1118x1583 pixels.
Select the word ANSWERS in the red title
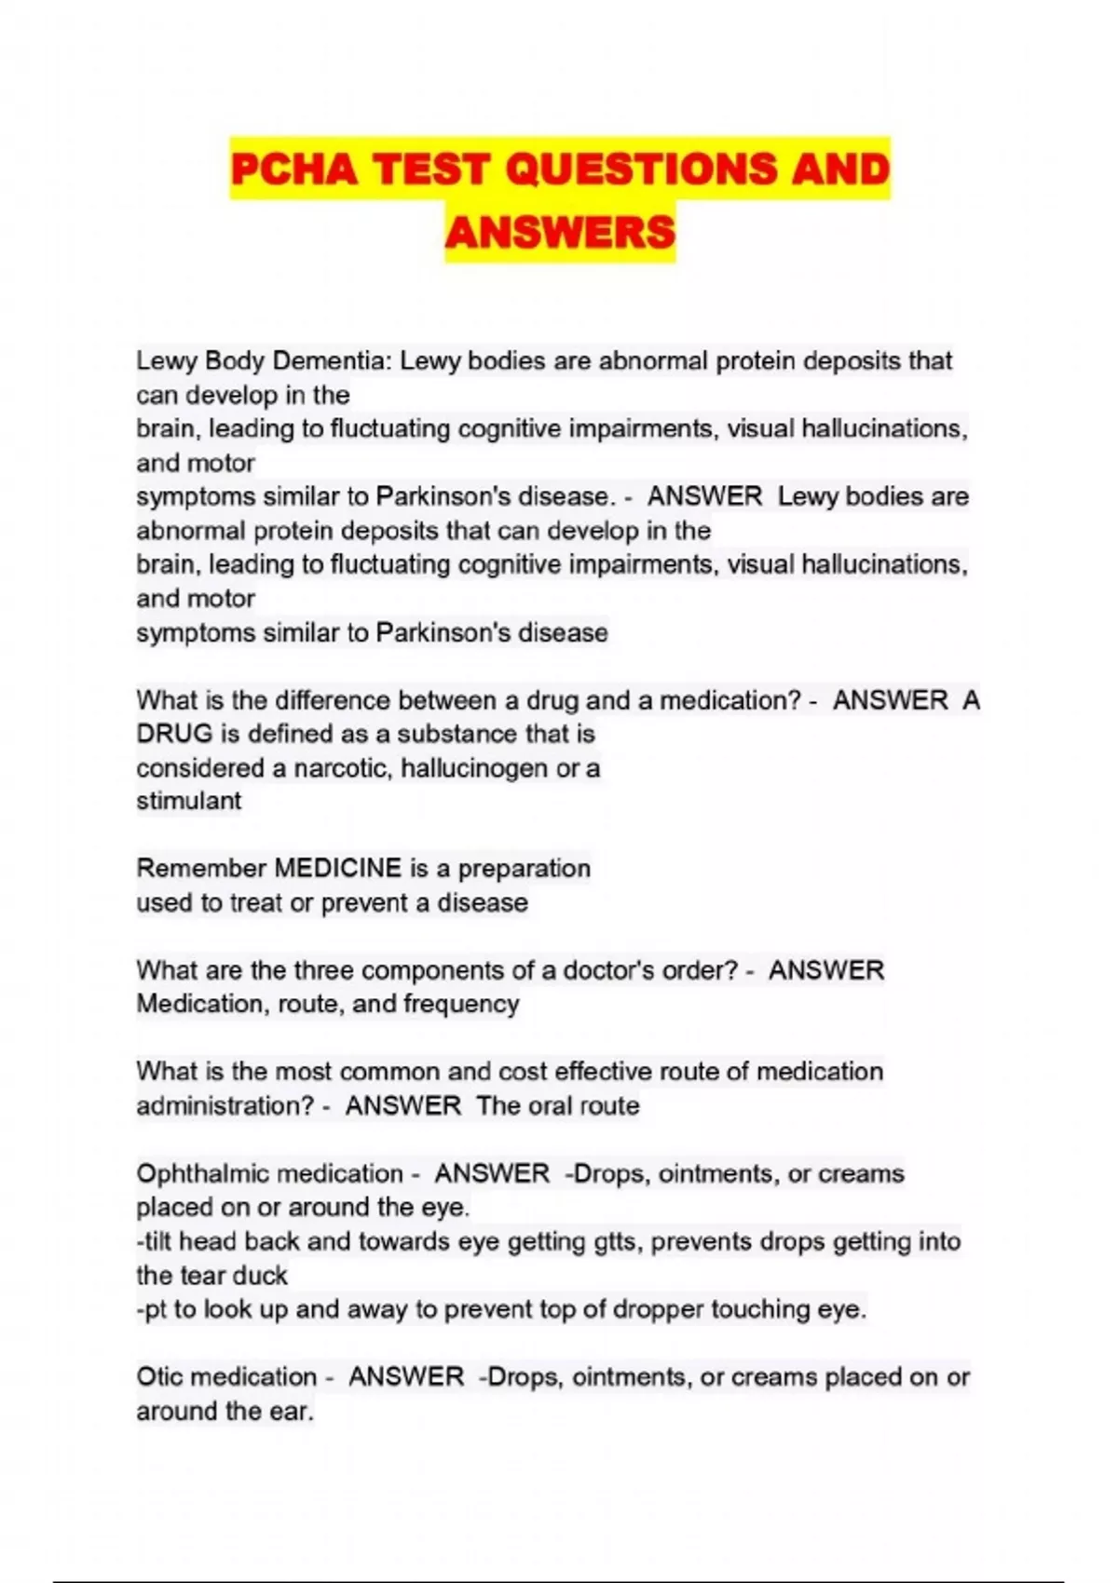click(x=560, y=232)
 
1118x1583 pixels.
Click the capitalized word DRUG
click(x=174, y=734)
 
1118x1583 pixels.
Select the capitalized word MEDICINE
click(x=338, y=868)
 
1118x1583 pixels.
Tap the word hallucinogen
click(x=473, y=768)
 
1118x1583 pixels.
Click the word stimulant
click(x=189, y=801)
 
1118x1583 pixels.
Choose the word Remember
click(x=201, y=868)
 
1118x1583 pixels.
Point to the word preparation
click(x=524, y=868)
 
